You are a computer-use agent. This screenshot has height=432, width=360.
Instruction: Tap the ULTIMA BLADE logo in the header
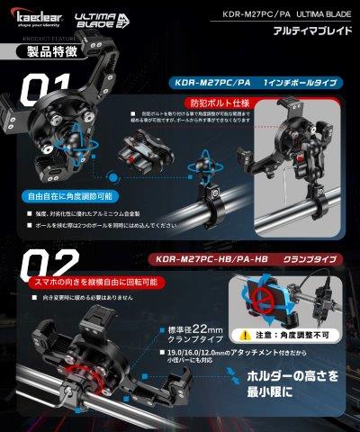(x=94, y=19)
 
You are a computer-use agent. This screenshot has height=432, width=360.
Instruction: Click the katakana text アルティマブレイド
(x=309, y=31)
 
